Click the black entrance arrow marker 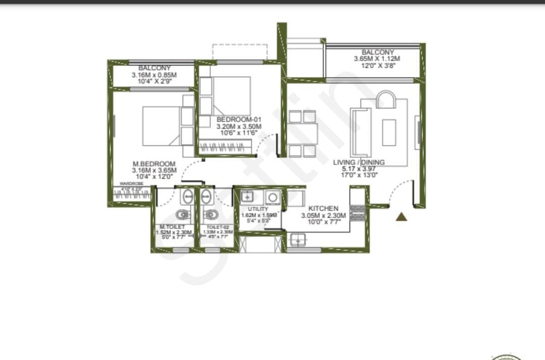401,217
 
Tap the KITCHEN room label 323,209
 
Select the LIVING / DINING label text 359,163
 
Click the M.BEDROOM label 154,164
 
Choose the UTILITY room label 258,209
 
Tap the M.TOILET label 172,227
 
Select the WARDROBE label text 131,184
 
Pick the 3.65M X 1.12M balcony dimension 377,59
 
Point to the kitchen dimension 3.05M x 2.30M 323,216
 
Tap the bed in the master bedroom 160,125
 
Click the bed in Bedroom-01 231,89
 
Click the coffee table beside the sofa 389,132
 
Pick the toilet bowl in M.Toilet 179,214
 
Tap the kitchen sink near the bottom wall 298,240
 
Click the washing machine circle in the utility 274,197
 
